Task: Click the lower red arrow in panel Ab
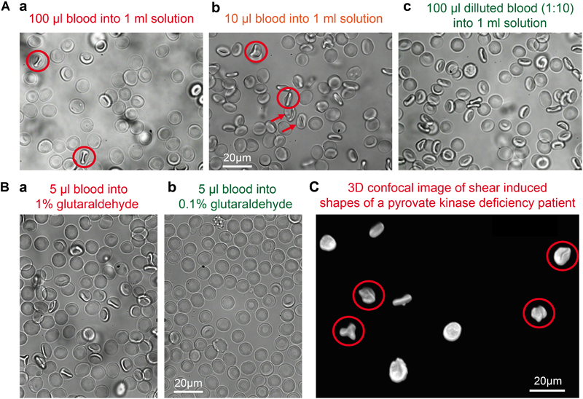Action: click(x=291, y=128)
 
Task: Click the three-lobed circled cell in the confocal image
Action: click(x=348, y=330)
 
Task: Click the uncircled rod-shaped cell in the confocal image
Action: click(x=403, y=299)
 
